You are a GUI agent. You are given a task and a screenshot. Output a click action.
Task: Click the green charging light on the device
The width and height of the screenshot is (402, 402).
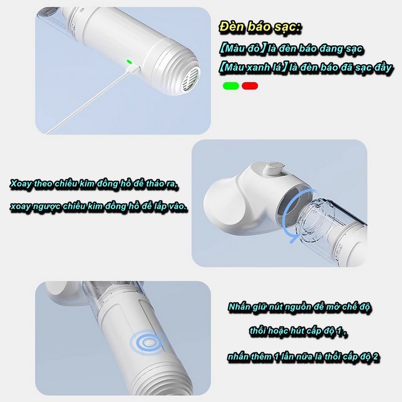click(x=129, y=61)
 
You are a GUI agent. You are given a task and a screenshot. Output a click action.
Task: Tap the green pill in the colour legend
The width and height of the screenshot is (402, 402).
click(x=231, y=86)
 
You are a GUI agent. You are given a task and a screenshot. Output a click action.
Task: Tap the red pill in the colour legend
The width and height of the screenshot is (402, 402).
click(x=250, y=86)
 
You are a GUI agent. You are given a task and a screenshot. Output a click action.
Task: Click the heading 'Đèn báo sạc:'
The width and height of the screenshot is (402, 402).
click(x=260, y=27)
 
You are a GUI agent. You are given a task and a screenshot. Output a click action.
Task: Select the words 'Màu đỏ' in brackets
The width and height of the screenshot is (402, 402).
click(x=242, y=49)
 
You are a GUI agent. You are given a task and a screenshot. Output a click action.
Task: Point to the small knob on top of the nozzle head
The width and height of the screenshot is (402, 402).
click(x=274, y=167)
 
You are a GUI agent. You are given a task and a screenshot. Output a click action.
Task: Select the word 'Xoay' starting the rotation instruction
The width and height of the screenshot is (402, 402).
click(x=21, y=184)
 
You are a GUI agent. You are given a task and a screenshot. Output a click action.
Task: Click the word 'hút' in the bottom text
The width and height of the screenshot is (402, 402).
click(x=296, y=331)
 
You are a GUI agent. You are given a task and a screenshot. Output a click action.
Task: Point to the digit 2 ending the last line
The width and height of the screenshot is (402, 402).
click(x=376, y=357)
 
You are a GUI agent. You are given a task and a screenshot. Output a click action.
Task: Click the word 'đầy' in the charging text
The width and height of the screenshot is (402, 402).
click(x=382, y=68)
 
